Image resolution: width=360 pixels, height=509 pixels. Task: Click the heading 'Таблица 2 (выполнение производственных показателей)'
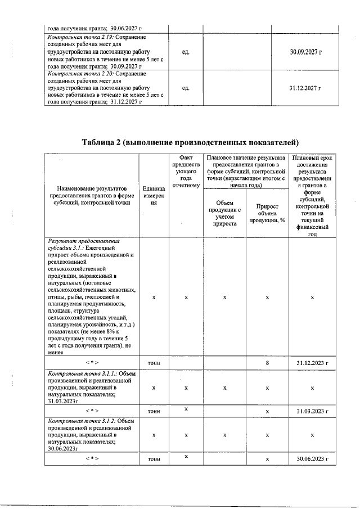click(x=190, y=141)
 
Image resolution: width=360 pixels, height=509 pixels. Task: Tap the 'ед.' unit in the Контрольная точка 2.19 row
click(x=186, y=52)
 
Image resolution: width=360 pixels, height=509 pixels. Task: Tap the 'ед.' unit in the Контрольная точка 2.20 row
click(x=186, y=88)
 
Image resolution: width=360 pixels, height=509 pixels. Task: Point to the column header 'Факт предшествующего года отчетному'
click(x=186, y=172)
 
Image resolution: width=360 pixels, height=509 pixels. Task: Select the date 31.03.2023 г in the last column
click(x=312, y=411)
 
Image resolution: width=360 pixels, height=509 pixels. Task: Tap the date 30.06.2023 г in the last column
click(x=312, y=459)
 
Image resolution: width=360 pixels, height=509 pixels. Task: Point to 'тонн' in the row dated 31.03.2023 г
click(x=154, y=411)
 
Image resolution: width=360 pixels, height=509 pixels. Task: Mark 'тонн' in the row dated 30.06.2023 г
click(x=154, y=459)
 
